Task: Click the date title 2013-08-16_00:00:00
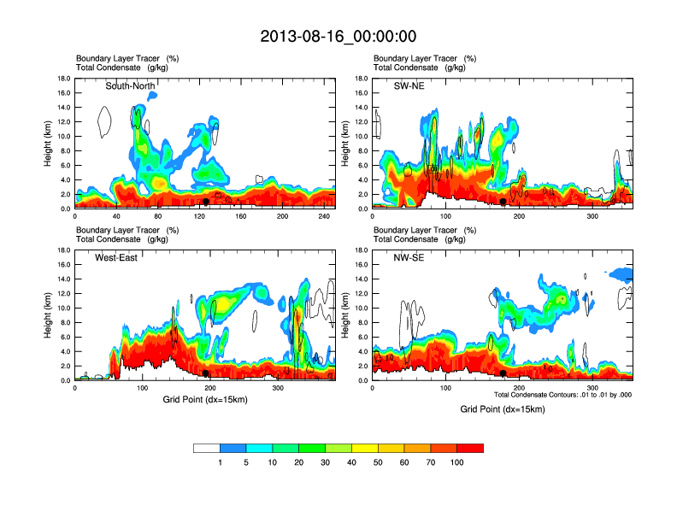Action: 338,36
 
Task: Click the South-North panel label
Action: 130,86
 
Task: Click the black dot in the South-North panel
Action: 206,202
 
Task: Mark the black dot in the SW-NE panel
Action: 503,202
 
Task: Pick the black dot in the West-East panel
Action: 206,373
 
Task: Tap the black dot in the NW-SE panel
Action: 503,373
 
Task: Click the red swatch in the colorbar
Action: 470,448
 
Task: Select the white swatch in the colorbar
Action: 206,448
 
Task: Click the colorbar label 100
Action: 457,462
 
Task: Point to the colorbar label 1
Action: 220,462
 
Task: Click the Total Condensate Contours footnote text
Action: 562,395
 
